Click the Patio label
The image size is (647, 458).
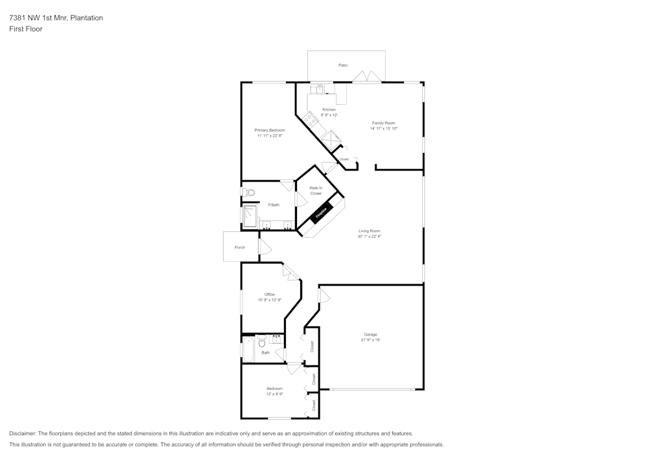pos(343,65)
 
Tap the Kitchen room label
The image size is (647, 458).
pos(329,109)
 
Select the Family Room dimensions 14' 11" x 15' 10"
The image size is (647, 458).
pos(384,128)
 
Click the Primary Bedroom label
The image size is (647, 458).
pos(269,130)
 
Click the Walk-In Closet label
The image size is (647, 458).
pos(316,190)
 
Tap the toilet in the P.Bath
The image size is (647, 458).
pos(250,192)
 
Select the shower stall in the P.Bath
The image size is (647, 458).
pos(250,214)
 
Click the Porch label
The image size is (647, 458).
pos(240,247)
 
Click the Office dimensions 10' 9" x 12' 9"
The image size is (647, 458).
pos(269,300)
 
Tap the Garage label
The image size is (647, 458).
pos(370,334)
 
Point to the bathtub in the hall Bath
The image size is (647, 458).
pos(248,350)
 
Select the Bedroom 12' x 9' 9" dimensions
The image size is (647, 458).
pos(274,394)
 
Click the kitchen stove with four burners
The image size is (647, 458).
pos(311,119)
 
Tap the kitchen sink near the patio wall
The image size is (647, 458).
pos(318,89)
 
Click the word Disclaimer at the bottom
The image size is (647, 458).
pos(23,433)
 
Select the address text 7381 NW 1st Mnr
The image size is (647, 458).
pos(38,18)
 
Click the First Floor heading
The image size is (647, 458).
pos(26,29)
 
